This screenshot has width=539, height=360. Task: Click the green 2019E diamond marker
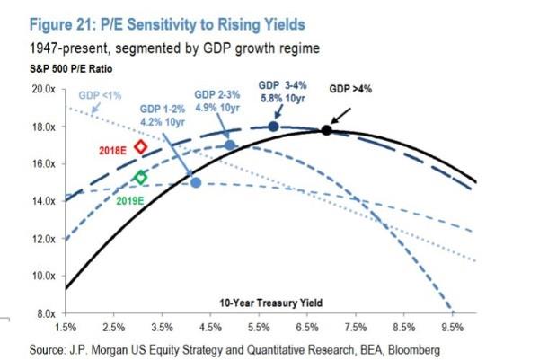pos(139,178)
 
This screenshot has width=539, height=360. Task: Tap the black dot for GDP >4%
pos(326,130)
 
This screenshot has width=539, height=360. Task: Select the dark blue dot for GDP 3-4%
pos(274,127)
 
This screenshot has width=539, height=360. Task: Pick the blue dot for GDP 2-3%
pos(229,145)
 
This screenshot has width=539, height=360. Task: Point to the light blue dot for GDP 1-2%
pos(196,182)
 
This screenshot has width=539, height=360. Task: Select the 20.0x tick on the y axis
pos(42,90)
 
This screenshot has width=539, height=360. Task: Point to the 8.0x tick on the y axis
pos(44,313)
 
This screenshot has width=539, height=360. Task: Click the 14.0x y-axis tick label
pos(42,201)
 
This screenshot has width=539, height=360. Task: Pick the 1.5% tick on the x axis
pos(66,327)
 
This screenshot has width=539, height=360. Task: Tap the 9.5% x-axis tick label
pos(452,327)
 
